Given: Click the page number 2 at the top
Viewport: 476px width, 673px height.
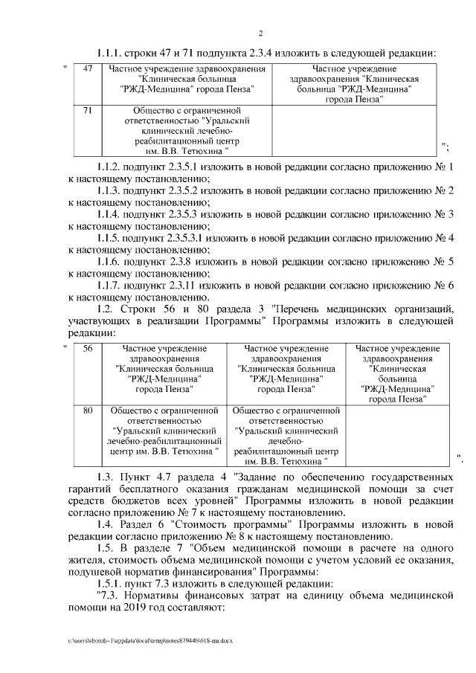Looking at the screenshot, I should [x=261, y=33].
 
